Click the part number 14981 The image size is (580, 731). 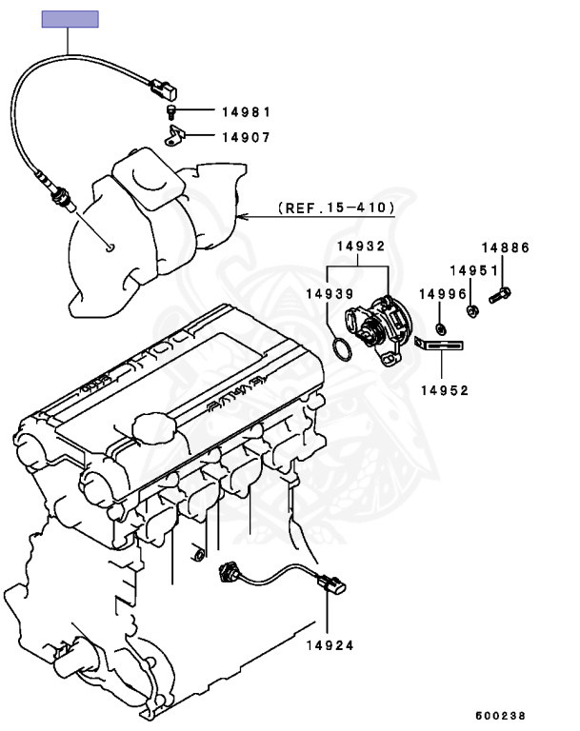[x=246, y=112]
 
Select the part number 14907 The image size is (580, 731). [x=246, y=137]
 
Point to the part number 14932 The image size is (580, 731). [x=360, y=246]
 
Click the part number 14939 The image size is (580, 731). [x=330, y=294]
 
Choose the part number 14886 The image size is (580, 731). [x=505, y=247]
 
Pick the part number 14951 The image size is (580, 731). [x=474, y=270]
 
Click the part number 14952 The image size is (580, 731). [x=444, y=389]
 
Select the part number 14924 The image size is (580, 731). [x=330, y=644]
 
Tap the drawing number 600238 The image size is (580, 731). [x=500, y=715]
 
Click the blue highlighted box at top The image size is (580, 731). [x=70, y=19]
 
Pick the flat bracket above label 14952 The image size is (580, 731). [x=446, y=346]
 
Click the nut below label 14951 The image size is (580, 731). [x=472, y=309]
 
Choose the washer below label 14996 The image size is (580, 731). [x=441, y=328]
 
